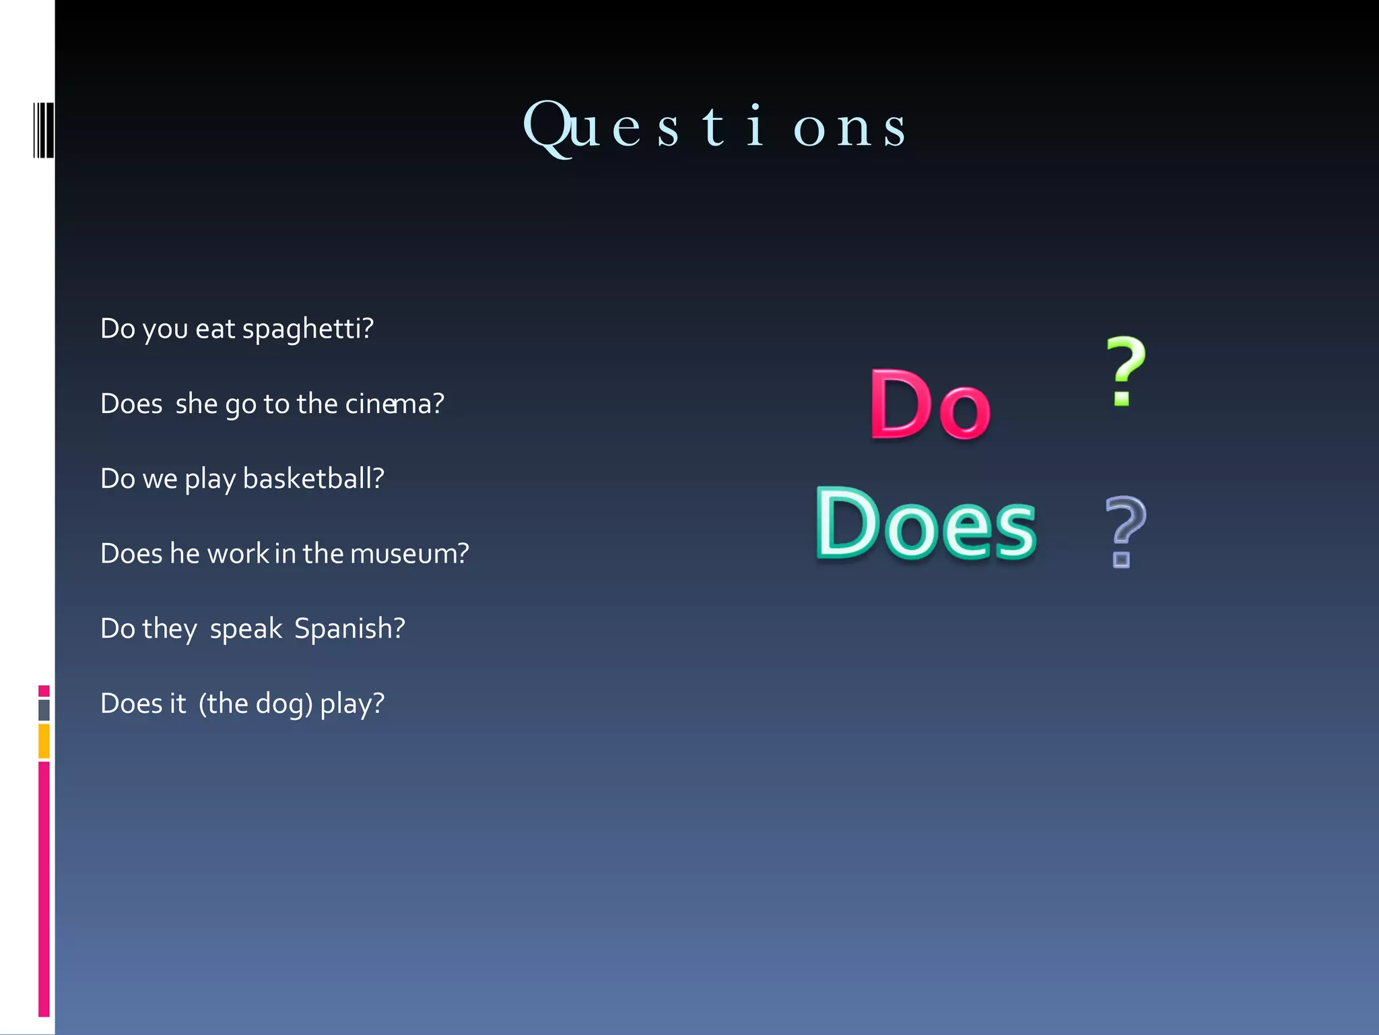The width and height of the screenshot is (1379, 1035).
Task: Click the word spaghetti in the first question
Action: (307, 330)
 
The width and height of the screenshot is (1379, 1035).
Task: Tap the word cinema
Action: (394, 404)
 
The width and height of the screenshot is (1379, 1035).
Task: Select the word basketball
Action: (312, 479)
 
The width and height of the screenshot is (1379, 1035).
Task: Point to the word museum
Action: (409, 554)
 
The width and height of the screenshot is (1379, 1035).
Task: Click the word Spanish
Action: (349, 629)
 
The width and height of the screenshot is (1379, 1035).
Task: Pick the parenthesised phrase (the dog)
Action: (255, 704)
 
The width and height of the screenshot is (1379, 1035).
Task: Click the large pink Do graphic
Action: (930, 404)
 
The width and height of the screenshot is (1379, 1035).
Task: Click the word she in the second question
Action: (196, 404)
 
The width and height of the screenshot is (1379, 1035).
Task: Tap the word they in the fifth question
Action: (169, 629)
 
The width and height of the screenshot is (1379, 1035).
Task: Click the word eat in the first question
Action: (215, 330)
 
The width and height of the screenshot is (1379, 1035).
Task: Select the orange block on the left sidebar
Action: (44, 741)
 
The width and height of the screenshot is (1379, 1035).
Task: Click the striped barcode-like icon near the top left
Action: (43, 130)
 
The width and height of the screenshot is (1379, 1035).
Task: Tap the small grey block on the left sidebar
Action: (44, 710)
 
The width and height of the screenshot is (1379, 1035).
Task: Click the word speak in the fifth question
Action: (246, 629)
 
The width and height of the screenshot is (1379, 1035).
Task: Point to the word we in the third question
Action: (160, 479)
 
